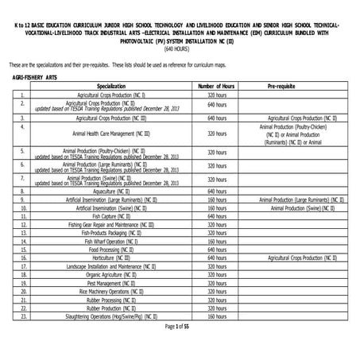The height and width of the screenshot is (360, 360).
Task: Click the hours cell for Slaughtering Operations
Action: [216, 315]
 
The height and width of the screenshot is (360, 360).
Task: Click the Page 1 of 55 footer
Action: [180, 326]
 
